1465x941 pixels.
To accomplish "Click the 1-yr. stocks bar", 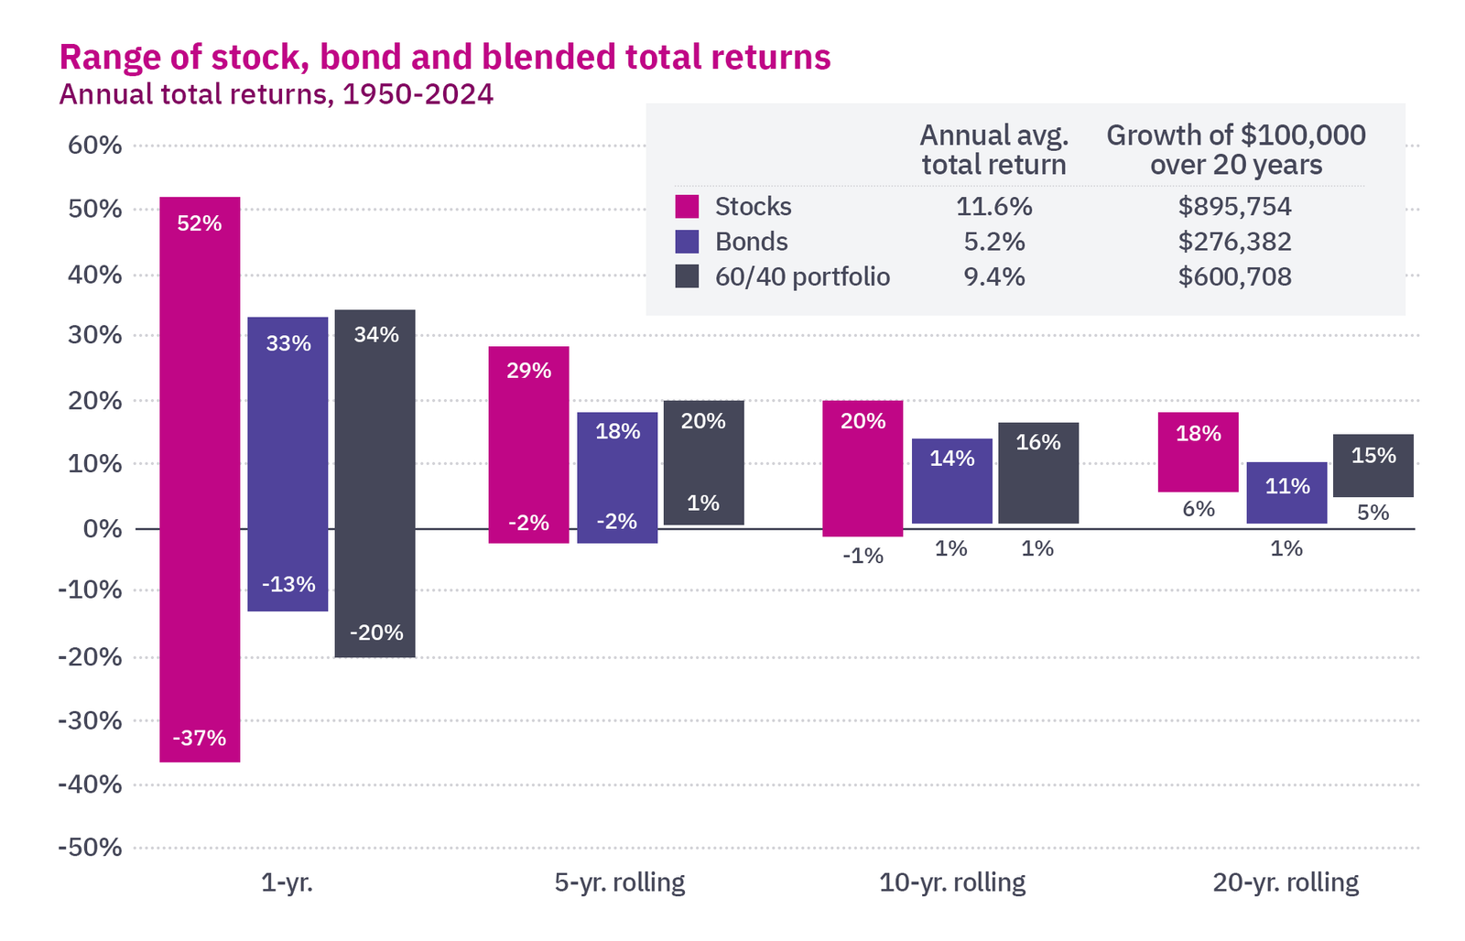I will [200, 476].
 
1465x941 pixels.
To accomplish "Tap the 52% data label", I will [200, 223].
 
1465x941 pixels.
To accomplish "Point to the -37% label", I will [200, 738].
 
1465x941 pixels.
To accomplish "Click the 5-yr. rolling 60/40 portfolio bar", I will [703, 462].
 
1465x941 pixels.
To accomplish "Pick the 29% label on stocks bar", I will [529, 371].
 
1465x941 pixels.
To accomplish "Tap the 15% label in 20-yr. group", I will [1373, 456].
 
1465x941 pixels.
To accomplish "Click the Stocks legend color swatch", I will [687, 206].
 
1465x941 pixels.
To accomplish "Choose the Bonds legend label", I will [751, 242].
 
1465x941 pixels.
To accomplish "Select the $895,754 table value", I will [1234, 207].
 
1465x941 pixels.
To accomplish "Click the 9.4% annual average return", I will [993, 276].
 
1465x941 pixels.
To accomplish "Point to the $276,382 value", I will [1234, 242].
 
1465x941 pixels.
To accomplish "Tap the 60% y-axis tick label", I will [94, 146].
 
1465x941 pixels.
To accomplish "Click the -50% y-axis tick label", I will [90, 848].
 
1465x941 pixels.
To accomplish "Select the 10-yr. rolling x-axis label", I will [952, 882].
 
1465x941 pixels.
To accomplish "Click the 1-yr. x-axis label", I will [287, 882].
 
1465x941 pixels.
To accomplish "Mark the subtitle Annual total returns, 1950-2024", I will [276, 94].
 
